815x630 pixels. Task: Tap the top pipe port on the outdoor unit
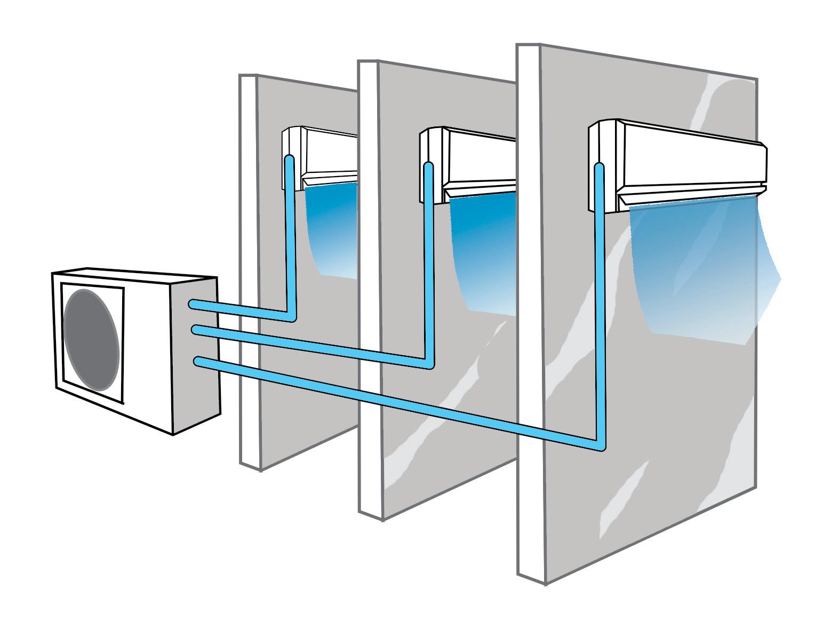tap(193, 304)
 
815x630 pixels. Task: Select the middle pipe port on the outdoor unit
tap(195, 330)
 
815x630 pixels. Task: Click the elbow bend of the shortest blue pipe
tap(291, 317)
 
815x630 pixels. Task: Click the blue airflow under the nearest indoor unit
tap(693, 267)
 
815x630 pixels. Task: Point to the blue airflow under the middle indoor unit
tap(483, 251)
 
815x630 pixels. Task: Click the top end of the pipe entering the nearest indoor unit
tap(598, 168)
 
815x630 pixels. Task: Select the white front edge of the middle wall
tap(369, 267)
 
